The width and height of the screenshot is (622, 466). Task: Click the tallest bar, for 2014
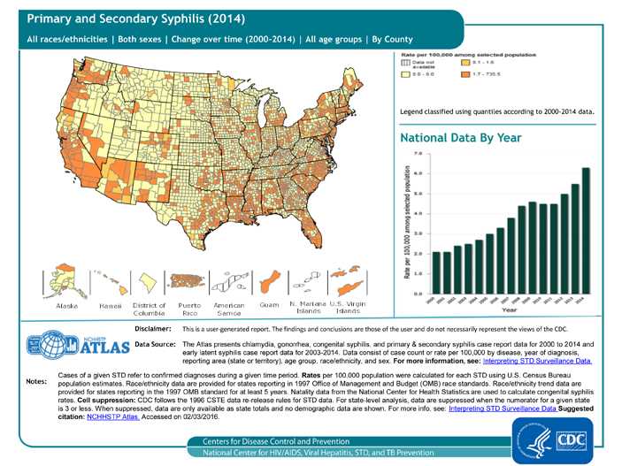pyautogui.click(x=586, y=230)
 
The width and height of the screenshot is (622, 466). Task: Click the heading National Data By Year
pyautogui.click(x=460, y=138)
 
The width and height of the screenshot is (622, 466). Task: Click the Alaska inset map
pyautogui.click(x=67, y=281)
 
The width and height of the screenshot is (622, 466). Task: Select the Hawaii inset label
pyautogui.click(x=110, y=305)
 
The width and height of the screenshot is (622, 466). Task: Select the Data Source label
pyautogui.click(x=156, y=342)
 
